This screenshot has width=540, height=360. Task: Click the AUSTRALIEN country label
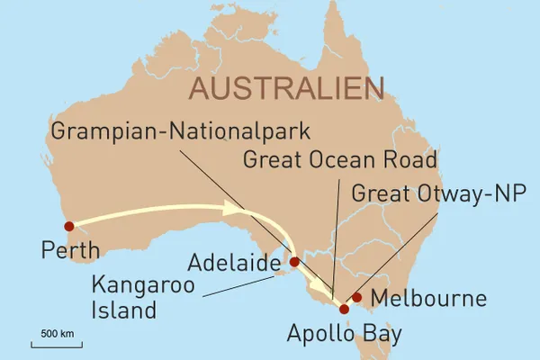[x=285, y=89]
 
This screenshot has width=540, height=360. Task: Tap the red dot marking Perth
[x=68, y=226]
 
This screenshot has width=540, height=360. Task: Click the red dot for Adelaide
[x=293, y=262]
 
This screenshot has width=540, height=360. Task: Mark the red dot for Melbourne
[x=357, y=297]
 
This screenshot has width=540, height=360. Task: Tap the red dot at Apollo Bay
[x=344, y=310]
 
